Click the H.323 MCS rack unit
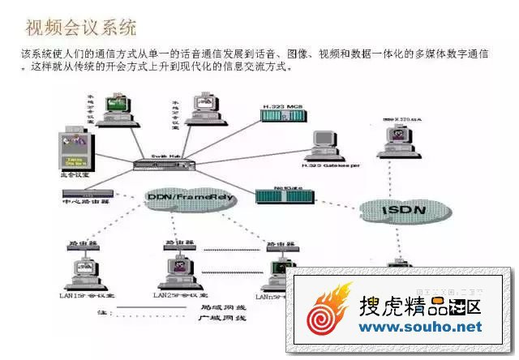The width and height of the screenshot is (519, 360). pyautogui.click(x=281, y=116)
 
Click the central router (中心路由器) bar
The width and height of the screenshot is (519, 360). pyautogui.click(x=87, y=195)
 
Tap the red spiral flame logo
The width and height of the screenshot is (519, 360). pyautogui.click(x=328, y=311)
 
